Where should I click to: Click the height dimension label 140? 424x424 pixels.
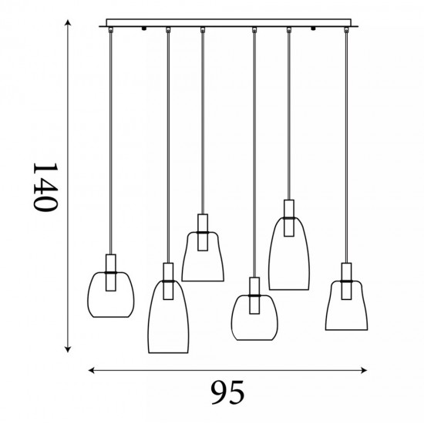tap(45, 187)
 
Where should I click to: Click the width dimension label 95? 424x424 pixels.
tap(227, 392)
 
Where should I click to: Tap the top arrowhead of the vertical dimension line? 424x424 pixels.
tap(68, 22)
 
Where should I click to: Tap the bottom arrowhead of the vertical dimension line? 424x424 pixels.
tap(68, 350)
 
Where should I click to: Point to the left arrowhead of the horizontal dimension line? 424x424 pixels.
tap(92, 370)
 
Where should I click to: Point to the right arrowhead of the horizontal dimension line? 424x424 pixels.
tap(364, 370)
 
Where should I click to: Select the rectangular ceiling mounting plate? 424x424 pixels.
tap(228, 23)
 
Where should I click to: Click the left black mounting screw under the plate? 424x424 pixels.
tap(144, 28)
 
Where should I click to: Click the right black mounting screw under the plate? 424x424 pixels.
tap(313, 28)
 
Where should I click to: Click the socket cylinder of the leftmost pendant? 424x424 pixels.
tap(110, 273)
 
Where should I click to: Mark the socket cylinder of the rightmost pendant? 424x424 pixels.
tap(346, 281)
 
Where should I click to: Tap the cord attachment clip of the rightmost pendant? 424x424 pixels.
tap(346, 30)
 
